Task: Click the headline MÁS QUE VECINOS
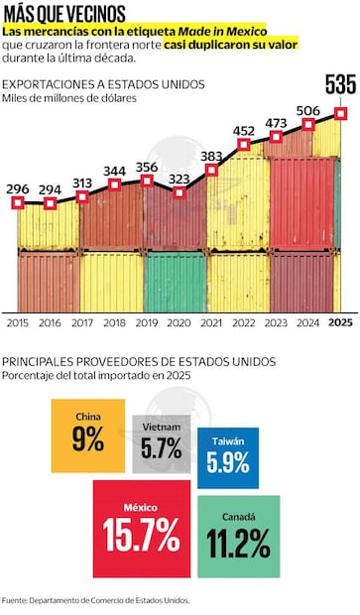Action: coord(64,14)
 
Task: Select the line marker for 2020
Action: coord(179,192)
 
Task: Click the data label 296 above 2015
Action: coord(17,187)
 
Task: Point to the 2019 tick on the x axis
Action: coord(146,322)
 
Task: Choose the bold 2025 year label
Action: coord(340,322)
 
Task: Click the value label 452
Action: coord(243,130)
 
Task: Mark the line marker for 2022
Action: coord(243,145)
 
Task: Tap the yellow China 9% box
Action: coord(87,435)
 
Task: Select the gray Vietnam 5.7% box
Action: coord(160,443)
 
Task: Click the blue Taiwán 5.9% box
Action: coord(228,457)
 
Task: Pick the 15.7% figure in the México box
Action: coord(142,536)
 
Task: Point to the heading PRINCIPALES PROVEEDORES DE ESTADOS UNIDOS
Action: coord(139,362)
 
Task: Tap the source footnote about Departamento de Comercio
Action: coord(95,600)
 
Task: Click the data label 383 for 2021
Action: coord(210,156)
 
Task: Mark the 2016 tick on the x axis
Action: coord(50,322)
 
